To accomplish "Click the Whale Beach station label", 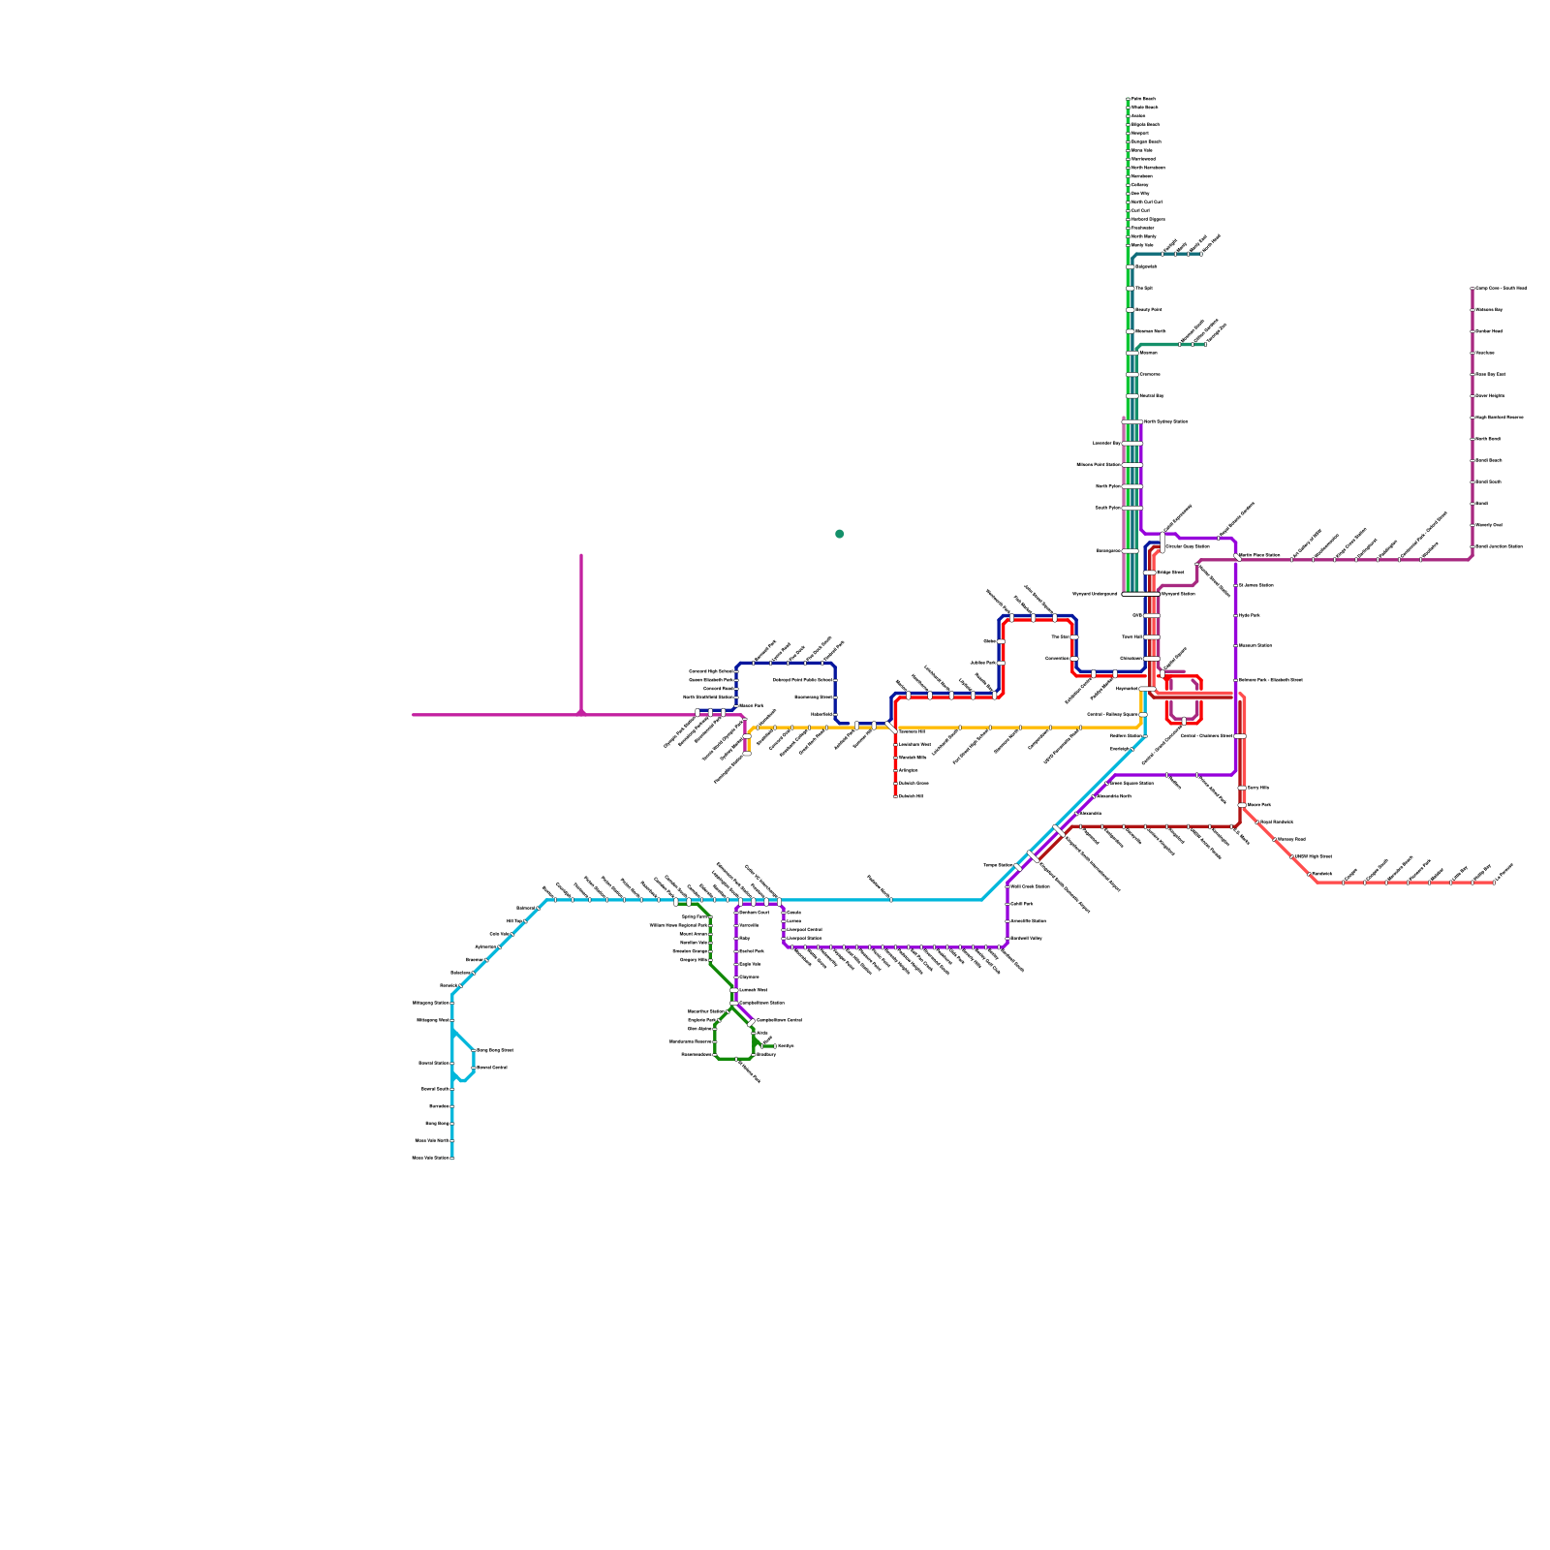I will pos(1144,108).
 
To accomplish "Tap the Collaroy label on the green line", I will pos(1140,184).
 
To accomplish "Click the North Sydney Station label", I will pos(1165,421).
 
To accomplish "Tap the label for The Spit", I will pos(1144,288).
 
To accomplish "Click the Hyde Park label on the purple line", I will pos(1250,615).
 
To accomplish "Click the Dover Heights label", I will pos(1490,395).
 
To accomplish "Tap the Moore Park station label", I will pos(1259,804).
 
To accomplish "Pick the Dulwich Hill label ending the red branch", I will pos(911,796).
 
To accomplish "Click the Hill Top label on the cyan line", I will pos(514,921).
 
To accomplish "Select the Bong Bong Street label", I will pos(494,1050).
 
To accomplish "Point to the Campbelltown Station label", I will pos(761,1003).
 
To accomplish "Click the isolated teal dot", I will pos(839,534).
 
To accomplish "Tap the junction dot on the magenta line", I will pos(581,714).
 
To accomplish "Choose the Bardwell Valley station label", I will pos(1026,938).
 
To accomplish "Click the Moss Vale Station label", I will pos(431,1158).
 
